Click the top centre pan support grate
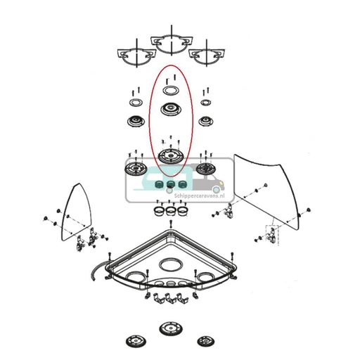[x=170, y=41]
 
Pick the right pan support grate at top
[x=206, y=55]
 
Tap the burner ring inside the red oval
[x=170, y=91]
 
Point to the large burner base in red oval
[x=170, y=156]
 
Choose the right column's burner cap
[x=205, y=122]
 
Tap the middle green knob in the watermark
[x=170, y=186]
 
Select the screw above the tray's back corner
[x=171, y=224]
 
